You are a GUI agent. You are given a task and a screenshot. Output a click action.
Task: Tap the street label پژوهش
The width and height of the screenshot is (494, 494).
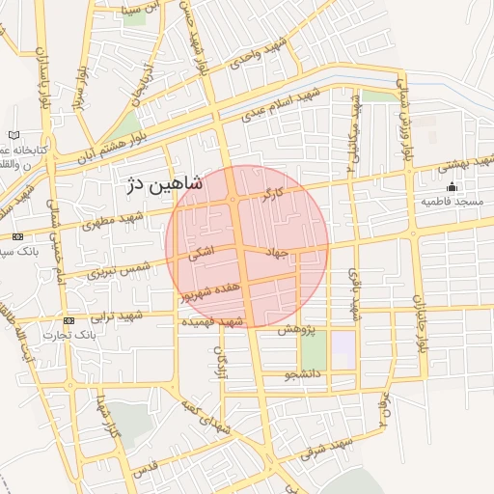(297, 329)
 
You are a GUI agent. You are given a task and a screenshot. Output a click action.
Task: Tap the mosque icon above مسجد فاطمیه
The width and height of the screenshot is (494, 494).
(453, 186)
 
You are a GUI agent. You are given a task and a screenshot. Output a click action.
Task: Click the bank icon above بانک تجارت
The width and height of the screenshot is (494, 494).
(69, 319)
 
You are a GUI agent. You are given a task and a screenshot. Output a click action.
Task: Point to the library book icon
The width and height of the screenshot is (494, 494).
(13, 135)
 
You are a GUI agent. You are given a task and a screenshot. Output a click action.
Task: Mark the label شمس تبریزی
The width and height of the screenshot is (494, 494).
(120, 267)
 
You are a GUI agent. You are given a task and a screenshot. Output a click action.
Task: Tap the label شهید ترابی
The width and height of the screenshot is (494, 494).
(117, 316)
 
